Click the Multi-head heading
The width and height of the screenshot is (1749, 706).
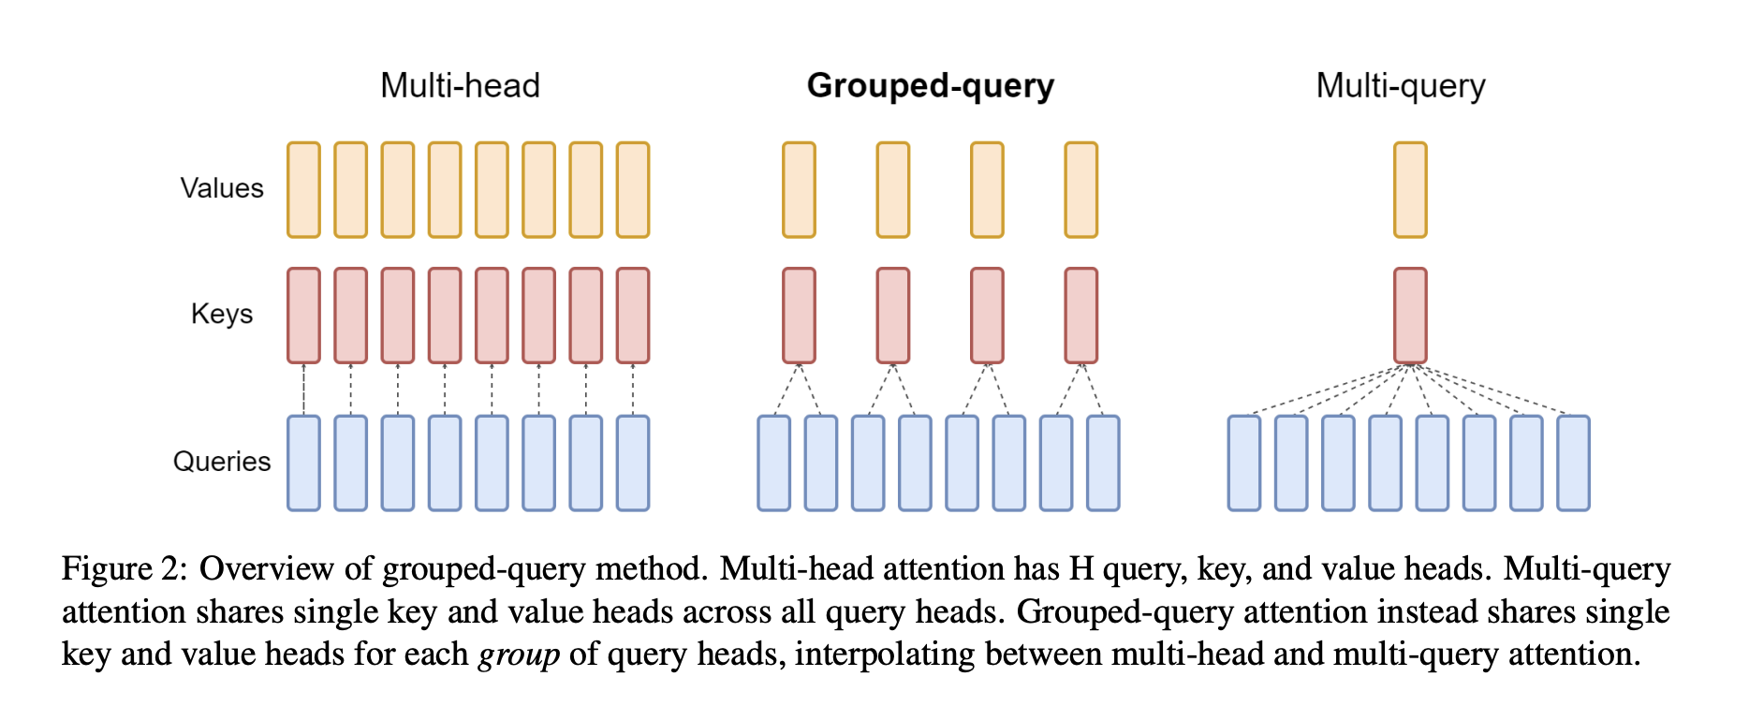click(460, 86)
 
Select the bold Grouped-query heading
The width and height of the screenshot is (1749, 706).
click(930, 86)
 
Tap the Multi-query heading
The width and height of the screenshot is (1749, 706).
click(1400, 86)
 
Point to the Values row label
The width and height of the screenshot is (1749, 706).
click(222, 188)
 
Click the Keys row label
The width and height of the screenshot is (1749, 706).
click(222, 314)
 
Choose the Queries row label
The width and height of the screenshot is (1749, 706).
click(222, 462)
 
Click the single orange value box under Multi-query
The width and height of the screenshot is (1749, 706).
click(1410, 190)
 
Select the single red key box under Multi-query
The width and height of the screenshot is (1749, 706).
click(1410, 316)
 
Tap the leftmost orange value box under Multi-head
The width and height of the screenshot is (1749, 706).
click(303, 190)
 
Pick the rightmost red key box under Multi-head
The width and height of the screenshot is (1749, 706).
click(633, 316)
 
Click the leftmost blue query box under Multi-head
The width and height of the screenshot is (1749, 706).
click(303, 463)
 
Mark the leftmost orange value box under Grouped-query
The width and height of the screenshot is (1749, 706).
click(799, 190)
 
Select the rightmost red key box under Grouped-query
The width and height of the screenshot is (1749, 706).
click(1081, 316)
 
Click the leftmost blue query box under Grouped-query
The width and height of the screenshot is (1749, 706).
click(773, 463)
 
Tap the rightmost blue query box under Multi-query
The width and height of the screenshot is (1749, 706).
click(1573, 463)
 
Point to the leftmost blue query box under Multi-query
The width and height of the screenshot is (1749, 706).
click(1244, 463)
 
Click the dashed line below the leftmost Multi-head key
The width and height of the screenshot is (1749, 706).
click(303, 390)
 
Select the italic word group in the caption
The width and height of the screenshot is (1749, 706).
click(519, 655)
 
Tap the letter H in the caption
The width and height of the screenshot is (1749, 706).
click(1081, 569)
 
